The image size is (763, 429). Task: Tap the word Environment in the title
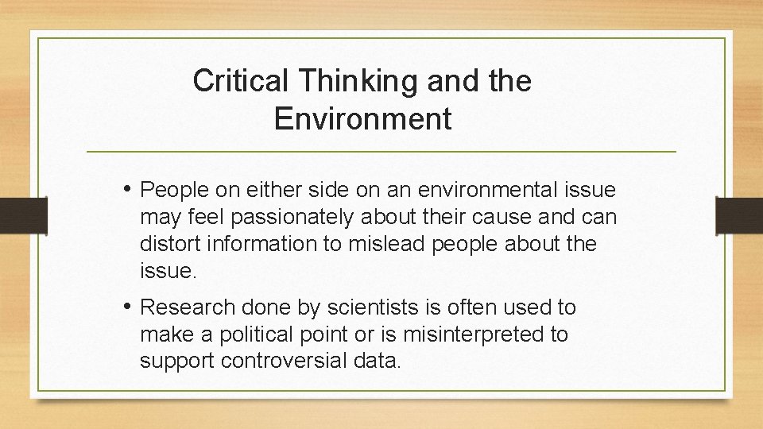click(x=362, y=119)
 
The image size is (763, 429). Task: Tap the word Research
click(x=188, y=307)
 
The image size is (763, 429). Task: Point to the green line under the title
click(x=381, y=151)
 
